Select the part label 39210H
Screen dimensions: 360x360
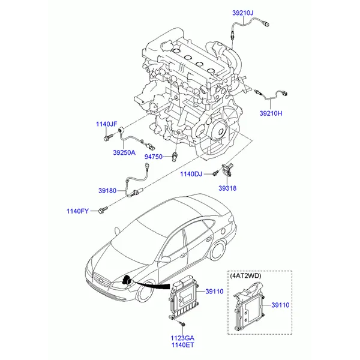[x=272, y=112]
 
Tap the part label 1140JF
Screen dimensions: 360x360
[x=106, y=124]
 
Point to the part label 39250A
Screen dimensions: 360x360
[x=124, y=153]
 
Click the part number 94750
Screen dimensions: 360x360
[x=152, y=157]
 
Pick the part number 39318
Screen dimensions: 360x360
[x=227, y=188]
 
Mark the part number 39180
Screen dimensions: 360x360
[x=108, y=190]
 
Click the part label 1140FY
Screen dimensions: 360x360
[x=77, y=211]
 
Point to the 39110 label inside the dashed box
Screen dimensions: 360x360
[x=280, y=305]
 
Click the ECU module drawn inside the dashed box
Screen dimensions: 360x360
[x=248, y=308]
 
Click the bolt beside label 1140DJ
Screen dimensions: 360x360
[x=213, y=174]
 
